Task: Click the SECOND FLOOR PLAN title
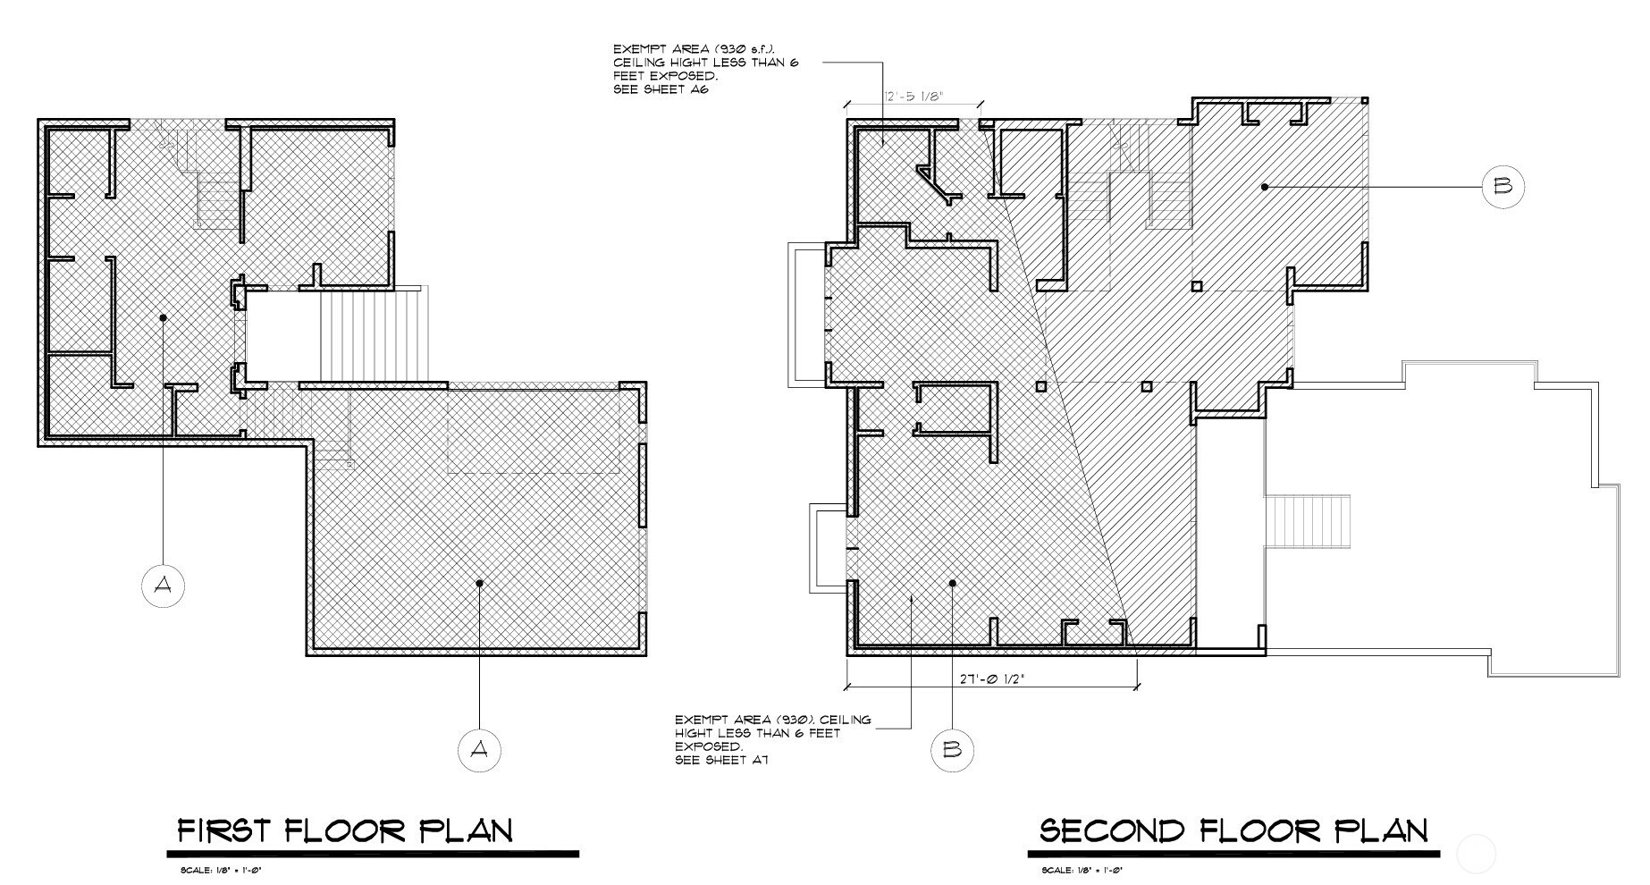[x=1233, y=831]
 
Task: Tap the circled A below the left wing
[x=164, y=586]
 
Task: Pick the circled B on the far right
[x=1503, y=187]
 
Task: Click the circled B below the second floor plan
[x=952, y=749]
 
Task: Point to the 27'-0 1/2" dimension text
[x=991, y=678]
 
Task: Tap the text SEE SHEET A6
[x=661, y=89]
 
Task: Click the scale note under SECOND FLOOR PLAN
[x=1082, y=870]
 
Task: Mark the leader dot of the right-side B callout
[x=1265, y=187]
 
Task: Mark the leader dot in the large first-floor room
[x=479, y=584]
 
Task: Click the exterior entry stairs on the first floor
[x=374, y=335]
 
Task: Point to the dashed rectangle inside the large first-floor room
[x=534, y=431]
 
